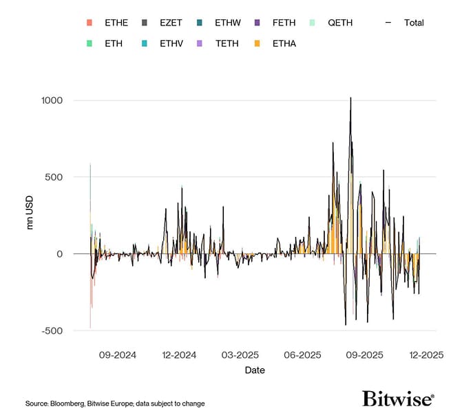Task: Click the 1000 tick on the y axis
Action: tap(50, 101)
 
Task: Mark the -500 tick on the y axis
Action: tap(52, 330)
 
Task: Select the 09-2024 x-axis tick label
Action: tap(118, 355)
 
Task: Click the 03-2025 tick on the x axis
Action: tap(239, 355)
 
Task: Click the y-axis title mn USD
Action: tap(30, 216)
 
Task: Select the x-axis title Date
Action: tap(255, 370)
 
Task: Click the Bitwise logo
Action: tap(398, 399)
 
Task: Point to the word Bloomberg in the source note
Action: tap(67, 403)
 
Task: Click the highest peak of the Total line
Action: tap(351, 98)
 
